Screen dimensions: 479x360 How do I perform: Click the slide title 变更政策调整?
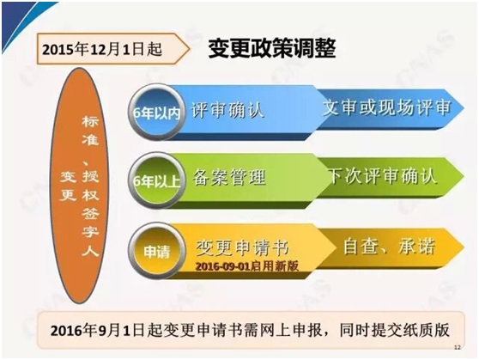tap(272, 48)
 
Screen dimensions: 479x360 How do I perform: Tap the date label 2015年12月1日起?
tap(102, 50)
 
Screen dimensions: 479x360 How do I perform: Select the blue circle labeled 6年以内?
tap(157, 112)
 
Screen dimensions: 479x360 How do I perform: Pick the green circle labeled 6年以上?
tap(157, 180)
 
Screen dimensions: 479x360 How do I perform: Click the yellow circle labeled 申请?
tap(157, 251)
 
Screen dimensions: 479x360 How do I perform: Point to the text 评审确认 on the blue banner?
tap(227, 110)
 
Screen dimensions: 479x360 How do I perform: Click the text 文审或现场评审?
tap(387, 107)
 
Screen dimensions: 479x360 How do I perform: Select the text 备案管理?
tap(229, 177)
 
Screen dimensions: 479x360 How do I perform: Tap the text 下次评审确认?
tap(383, 176)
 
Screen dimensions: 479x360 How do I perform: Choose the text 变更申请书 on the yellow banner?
tap(242, 247)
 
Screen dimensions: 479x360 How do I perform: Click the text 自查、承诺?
tap(389, 247)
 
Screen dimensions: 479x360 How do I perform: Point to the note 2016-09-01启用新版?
tap(247, 266)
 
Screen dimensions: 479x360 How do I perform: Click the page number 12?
tap(458, 347)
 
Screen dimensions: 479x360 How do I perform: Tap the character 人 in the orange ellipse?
tap(90, 249)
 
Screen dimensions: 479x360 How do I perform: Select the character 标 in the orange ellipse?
tap(90, 122)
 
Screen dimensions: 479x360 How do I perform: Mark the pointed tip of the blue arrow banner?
tap(464, 107)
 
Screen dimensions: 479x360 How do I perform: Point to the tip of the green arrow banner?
tap(464, 176)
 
